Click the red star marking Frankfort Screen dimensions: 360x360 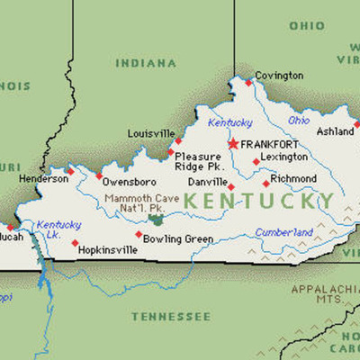click(233, 143)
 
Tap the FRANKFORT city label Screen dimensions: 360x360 click(272, 144)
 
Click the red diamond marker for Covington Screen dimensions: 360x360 click(248, 83)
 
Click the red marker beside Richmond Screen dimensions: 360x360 click(265, 181)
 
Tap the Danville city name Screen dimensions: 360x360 click(207, 182)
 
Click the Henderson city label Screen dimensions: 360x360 click(43, 178)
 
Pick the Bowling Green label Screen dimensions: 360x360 click(177, 239)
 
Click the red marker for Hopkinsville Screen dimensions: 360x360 click(75, 242)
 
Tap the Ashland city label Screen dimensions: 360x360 click(335, 131)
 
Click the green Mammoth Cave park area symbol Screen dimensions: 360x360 click(158, 218)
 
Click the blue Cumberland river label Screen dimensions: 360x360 click(284, 230)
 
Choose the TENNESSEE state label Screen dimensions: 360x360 click(170, 316)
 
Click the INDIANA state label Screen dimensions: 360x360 click(146, 64)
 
